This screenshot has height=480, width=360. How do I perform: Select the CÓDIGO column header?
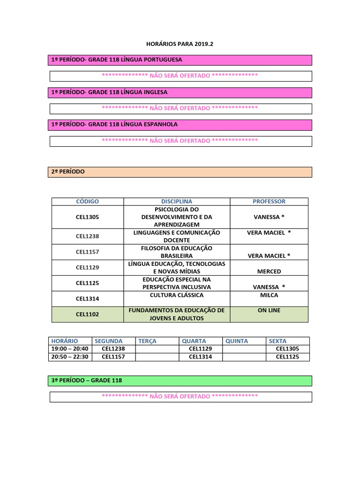tap(88, 201)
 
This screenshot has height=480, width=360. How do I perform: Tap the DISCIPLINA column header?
tap(177, 201)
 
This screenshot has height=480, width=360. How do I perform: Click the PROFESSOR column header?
tap(269, 201)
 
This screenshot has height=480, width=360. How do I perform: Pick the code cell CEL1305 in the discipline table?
tap(88, 217)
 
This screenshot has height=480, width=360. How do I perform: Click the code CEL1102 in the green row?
tap(88, 315)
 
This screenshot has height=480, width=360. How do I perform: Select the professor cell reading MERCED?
tap(269, 271)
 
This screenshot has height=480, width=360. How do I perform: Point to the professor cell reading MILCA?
tap(269, 295)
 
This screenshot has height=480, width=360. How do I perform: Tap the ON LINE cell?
tap(269, 310)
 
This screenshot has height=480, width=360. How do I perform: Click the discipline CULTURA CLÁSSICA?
tap(177, 295)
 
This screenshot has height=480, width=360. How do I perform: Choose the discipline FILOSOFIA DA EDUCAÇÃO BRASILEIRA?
tap(177, 252)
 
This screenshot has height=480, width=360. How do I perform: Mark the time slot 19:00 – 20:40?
tap(70, 349)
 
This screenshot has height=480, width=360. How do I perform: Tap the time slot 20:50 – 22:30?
tap(70, 357)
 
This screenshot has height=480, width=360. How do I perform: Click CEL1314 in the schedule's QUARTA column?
tap(201, 357)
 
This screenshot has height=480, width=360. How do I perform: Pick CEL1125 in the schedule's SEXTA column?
tap(287, 357)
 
